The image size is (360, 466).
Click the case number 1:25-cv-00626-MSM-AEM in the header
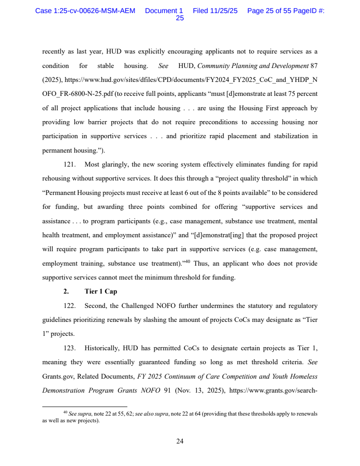point(85,11)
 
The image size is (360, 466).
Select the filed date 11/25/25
point(215,11)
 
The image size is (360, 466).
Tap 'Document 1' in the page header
point(164,11)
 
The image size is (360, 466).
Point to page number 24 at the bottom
point(180,441)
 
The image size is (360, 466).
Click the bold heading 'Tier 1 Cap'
point(101,292)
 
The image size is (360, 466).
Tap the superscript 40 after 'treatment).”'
point(187,262)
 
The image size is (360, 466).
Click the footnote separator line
point(85,407)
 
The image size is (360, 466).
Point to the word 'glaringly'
point(115,165)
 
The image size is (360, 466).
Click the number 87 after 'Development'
point(314,66)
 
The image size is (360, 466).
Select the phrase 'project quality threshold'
point(253,179)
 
